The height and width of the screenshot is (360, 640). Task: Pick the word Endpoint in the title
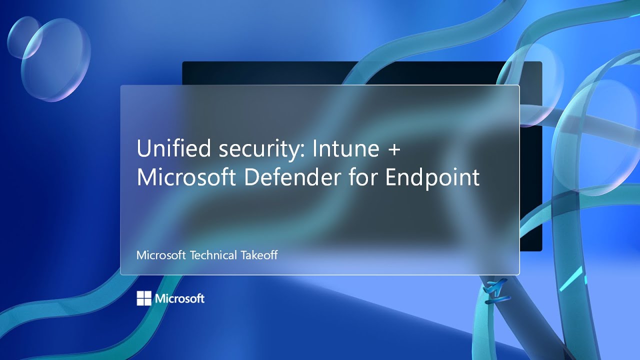point(432,177)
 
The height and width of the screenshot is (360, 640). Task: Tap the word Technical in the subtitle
point(213,255)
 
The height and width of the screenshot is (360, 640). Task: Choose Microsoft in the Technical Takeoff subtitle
point(161,255)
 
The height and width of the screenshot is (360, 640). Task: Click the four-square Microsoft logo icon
point(144,298)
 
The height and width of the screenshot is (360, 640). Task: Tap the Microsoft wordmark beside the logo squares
point(179,298)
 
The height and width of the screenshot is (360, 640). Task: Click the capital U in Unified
point(144,149)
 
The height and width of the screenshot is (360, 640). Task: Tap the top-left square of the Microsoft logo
point(140,295)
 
